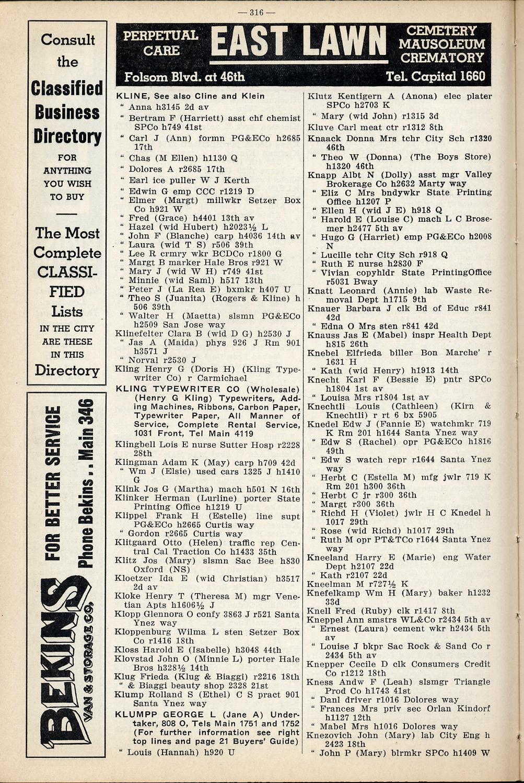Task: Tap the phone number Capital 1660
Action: click(x=435, y=77)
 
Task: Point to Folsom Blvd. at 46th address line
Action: click(x=184, y=77)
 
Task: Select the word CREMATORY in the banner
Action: click(x=442, y=58)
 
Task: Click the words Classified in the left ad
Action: click(x=67, y=88)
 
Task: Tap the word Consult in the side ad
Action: click(x=67, y=40)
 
